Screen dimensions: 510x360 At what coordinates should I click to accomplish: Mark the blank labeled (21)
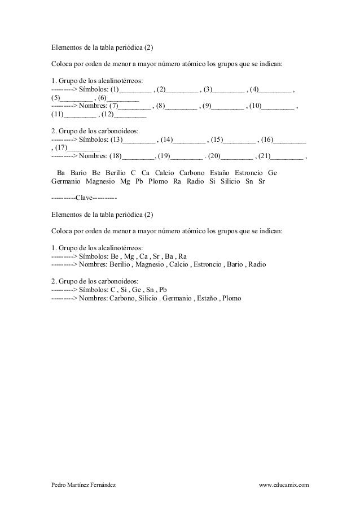tap(287, 156)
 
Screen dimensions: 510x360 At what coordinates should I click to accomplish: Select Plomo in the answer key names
tap(232, 298)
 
